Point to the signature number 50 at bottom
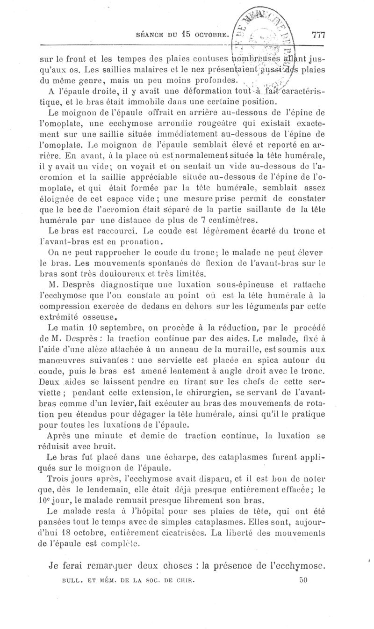coord(302,579)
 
